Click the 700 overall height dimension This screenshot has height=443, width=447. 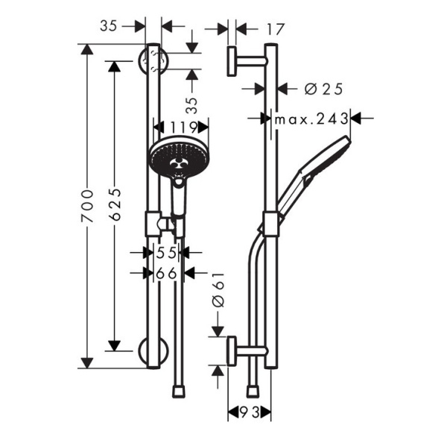click(87, 206)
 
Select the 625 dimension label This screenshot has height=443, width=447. click(115, 204)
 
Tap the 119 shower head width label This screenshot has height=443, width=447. click(184, 128)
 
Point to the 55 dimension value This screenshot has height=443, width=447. click(167, 253)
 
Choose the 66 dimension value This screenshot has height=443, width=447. click(167, 274)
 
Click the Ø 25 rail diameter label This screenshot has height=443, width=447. click(323, 89)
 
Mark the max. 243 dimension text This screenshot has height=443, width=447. click(311, 119)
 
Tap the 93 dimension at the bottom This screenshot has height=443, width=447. click(250, 412)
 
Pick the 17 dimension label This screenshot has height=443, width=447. click(275, 29)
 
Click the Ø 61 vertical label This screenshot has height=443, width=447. click(218, 289)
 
